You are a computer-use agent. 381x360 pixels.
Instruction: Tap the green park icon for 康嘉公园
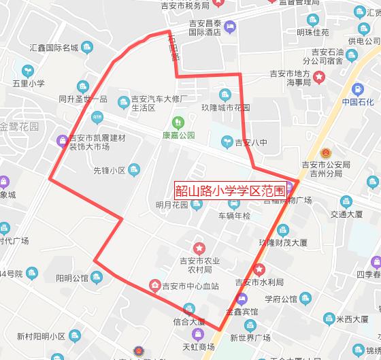click(x=178, y=122)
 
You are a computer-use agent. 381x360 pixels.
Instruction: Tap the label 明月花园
click(x=171, y=206)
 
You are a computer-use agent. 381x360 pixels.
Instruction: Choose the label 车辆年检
click(x=234, y=216)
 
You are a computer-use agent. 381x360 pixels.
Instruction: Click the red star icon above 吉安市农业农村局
click(x=199, y=247)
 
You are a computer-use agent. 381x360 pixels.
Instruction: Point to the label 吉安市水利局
click(x=259, y=282)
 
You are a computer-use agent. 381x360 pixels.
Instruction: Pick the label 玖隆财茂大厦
click(x=284, y=242)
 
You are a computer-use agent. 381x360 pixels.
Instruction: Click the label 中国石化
click(x=358, y=103)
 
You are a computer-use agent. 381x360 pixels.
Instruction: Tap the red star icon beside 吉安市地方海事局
click(x=319, y=75)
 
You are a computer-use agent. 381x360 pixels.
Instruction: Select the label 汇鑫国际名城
click(x=54, y=48)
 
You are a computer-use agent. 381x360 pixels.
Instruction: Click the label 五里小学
click(x=28, y=84)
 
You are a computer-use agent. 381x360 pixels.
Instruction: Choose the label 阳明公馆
click(x=72, y=278)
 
